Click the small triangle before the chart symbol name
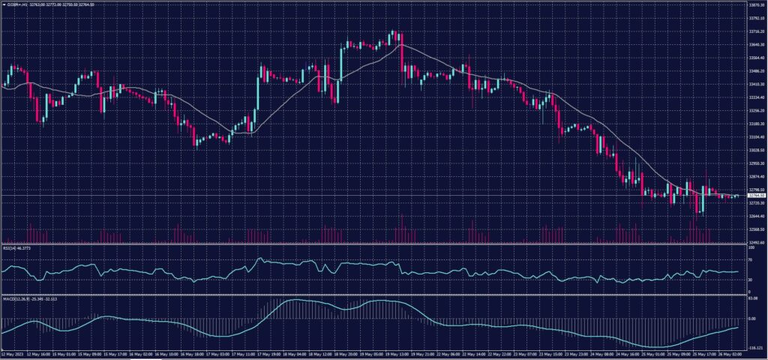tap(4, 4)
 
